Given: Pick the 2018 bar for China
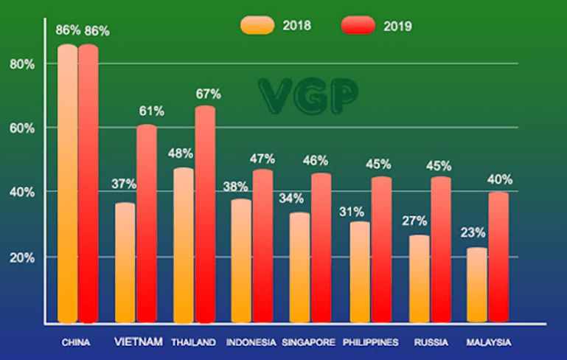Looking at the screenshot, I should (x=67, y=184).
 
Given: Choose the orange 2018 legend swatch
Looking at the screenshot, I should (x=257, y=26).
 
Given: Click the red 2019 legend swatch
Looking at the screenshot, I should (x=359, y=26).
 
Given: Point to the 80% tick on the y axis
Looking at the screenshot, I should (x=22, y=63).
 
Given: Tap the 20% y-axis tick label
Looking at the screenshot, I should (x=22, y=257).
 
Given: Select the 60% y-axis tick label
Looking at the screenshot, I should (x=22, y=128).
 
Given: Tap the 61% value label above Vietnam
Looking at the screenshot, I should (x=150, y=111).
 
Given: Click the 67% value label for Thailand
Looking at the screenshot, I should (x=208, y=94).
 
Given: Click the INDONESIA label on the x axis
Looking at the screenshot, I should (x=251, y=342).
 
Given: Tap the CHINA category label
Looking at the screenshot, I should (x=76, y=342).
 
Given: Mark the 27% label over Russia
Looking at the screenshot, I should (x=416, y=220).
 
